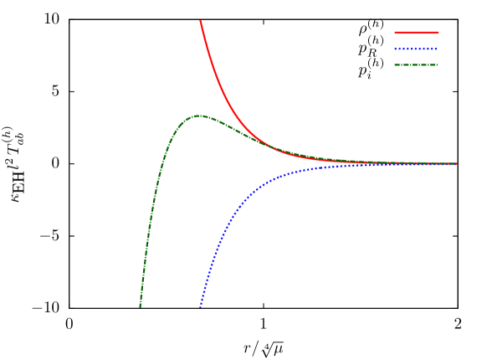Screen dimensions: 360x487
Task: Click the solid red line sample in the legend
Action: coord(417,33)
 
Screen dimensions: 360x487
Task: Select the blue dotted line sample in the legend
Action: coord(416,49)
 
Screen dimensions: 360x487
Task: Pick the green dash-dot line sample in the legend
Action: coord(416,64)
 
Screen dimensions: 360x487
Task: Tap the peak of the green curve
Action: coord(197,116)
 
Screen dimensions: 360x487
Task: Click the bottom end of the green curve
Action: coord(140,306)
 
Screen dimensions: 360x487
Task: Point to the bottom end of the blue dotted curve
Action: coord(200,306)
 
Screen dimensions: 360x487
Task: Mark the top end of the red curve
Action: coord(200,21)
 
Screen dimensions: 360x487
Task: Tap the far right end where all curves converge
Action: coord(456,163)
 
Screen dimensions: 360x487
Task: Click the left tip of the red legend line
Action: coord(395,33)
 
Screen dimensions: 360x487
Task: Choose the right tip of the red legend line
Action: coord(438,33)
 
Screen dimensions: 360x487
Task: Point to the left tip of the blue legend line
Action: coord(395,49)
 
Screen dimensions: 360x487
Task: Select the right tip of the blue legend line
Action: coord(437,49)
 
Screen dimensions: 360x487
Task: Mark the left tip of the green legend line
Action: coord(395,64)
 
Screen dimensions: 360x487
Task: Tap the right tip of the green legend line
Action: coord(437,64)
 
